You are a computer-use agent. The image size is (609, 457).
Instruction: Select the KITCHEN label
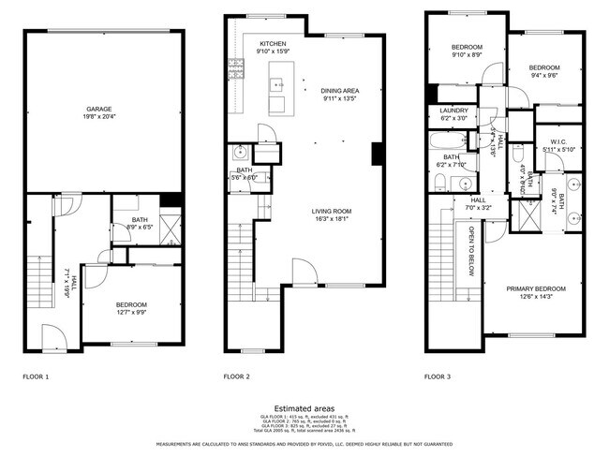(x=273, y=43)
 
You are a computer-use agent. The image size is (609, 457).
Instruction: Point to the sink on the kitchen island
(x=279, y=85)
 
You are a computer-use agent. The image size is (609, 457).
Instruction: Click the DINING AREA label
(x=340, y=90)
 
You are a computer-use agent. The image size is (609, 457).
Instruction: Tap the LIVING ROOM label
(x=332, y=212)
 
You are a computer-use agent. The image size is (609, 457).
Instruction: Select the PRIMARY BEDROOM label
(x=537, y=288)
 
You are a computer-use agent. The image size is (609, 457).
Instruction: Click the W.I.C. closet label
(x=561, y=141)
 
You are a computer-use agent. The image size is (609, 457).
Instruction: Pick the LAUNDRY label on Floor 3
(x=453, y=111)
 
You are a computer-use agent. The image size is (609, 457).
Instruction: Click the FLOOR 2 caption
(x=236, y=376)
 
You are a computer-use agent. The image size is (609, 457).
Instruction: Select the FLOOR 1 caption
(x=35, y=376)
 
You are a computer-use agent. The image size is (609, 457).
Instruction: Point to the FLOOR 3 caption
(x=437, y=376)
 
